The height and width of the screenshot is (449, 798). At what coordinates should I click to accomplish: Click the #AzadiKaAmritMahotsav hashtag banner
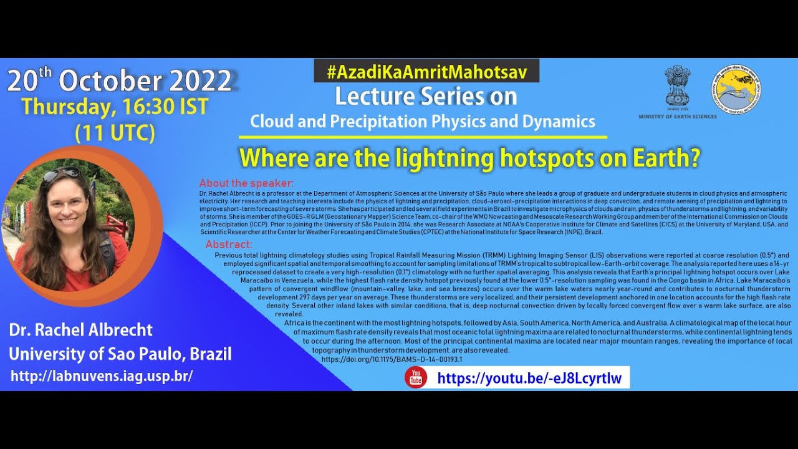tap(426, 72)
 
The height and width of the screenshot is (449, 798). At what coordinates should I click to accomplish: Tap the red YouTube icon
tap(416, 377)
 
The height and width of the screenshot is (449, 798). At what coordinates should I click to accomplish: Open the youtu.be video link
tap(529, 378)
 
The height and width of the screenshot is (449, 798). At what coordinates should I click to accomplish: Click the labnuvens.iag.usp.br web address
tap(102, 376)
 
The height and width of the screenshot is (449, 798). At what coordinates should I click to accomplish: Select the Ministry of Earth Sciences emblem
tap(677, 87)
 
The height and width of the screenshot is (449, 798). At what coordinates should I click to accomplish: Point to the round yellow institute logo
tap(736, 89)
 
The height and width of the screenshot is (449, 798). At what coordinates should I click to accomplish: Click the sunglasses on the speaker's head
tap(60, 174)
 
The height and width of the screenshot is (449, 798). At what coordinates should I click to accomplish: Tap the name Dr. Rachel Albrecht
tap(80, 329)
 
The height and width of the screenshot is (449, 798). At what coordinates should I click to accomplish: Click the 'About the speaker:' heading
tap(246, 183)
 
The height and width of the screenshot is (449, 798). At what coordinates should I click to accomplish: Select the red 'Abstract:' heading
tap(229, 244)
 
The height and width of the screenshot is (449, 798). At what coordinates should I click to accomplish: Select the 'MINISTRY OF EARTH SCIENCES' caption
tap(677, 117)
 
